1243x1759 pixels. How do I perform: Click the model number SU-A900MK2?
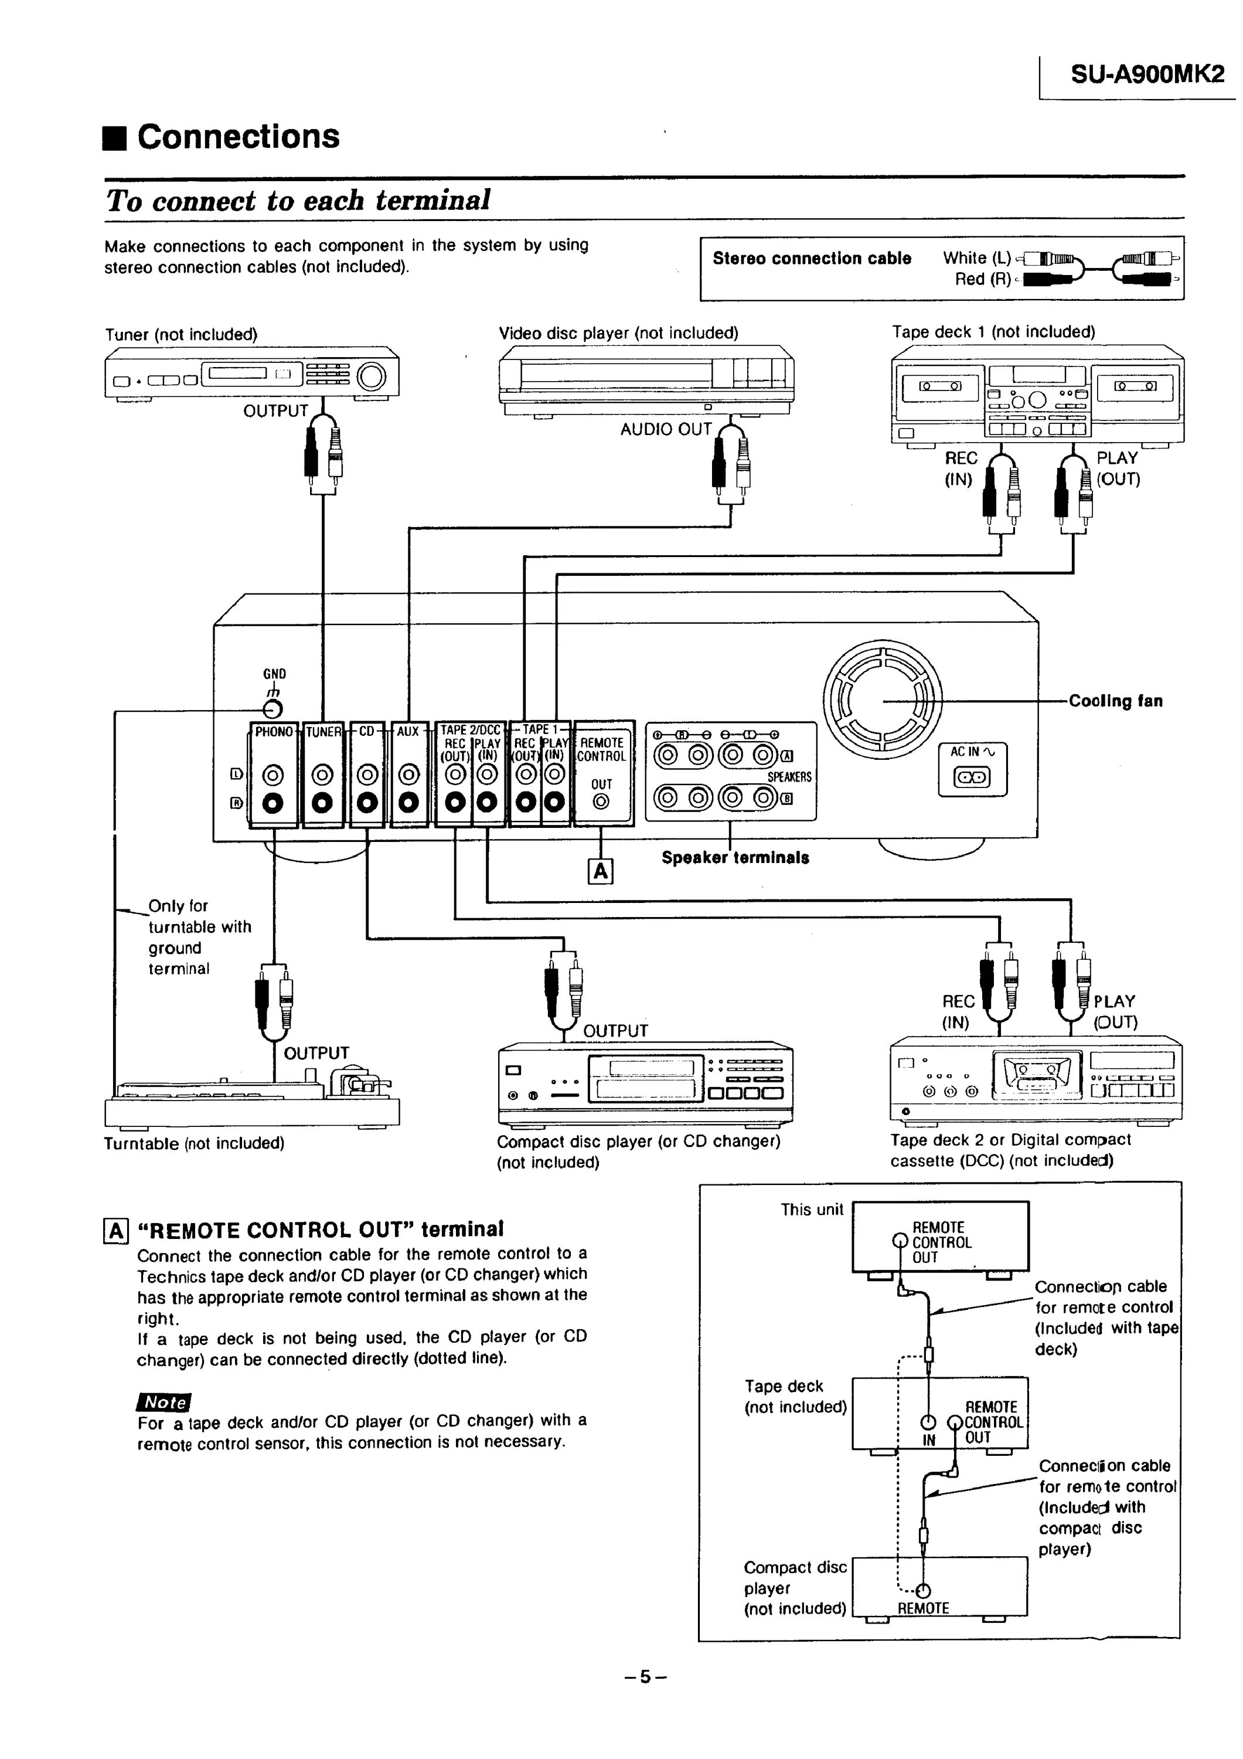pyautogui.click(x=1146, y=74)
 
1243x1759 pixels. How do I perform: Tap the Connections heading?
pyautogui.click(x=237, y=137)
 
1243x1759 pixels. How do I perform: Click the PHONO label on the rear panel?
pyautogui.click(x=274, y=732)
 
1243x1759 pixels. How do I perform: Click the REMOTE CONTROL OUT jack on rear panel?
pyautogui.click(x=601, y=802)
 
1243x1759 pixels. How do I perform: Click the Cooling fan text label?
pyautogui.click(x=1115, y=701)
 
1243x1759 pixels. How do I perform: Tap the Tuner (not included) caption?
pyautogui.click(x=181, y=335)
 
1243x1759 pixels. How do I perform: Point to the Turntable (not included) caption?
pyautogui.click(x=194, y=1144)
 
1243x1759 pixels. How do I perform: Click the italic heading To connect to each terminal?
pyautogui.click(x=298, y=201)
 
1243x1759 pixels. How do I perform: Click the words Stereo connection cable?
pyautogui.click(x=812, y=258)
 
